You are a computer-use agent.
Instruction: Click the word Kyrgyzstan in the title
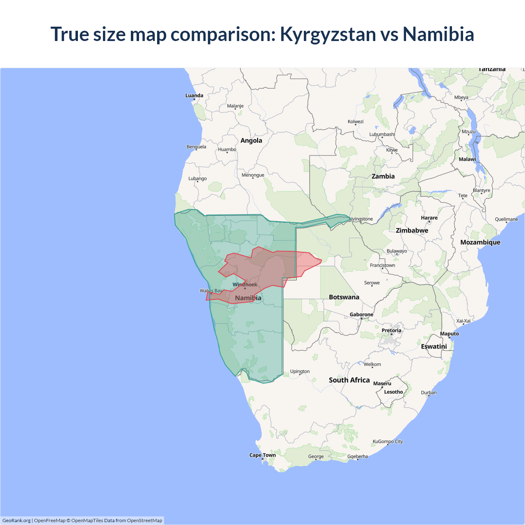point(328,34)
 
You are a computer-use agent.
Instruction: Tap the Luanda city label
point(194,96)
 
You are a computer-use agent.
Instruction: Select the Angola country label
point(251,140)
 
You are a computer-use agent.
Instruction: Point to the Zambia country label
point(383,176)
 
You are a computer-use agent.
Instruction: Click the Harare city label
point(429,218)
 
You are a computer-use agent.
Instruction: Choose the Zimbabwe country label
point(412,231)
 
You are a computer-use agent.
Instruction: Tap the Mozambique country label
point(480,242)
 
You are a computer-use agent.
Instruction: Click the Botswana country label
point(344,297)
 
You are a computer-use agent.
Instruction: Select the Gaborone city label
point(361,315)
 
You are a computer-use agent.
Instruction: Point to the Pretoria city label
point(391,330)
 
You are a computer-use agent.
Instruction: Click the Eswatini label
point(434,347)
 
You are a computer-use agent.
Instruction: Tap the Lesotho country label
point(393,392)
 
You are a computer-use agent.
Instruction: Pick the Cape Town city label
point(262,455)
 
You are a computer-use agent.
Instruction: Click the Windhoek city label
point(245,284)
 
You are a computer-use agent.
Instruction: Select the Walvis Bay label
point(211,291)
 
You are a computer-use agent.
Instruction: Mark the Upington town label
point(300,371)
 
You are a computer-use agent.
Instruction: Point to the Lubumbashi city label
point(382,134)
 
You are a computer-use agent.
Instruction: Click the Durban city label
point(429,393)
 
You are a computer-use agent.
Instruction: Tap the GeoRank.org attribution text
point(16,520)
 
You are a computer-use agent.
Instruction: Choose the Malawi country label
point(467,159)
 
